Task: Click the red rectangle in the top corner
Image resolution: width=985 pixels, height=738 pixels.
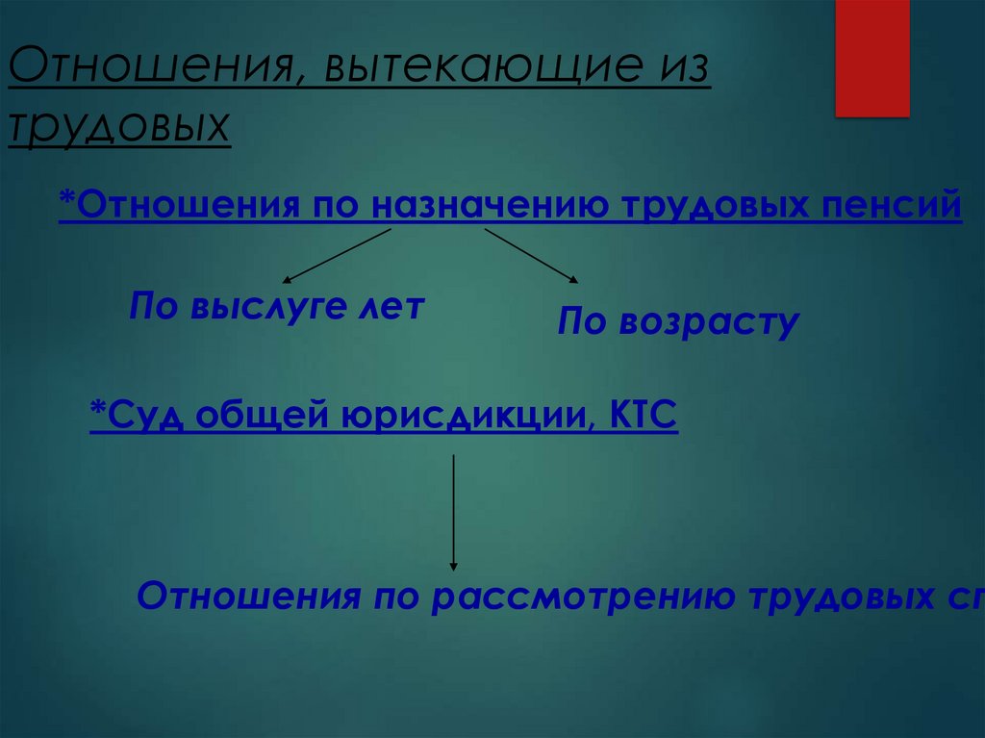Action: [871, 58]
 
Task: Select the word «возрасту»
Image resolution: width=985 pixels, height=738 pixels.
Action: [710, 322]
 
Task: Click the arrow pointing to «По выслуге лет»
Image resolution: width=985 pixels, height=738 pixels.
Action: [337, 254]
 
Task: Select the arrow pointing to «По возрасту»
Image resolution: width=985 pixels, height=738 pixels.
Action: [531, 256]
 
